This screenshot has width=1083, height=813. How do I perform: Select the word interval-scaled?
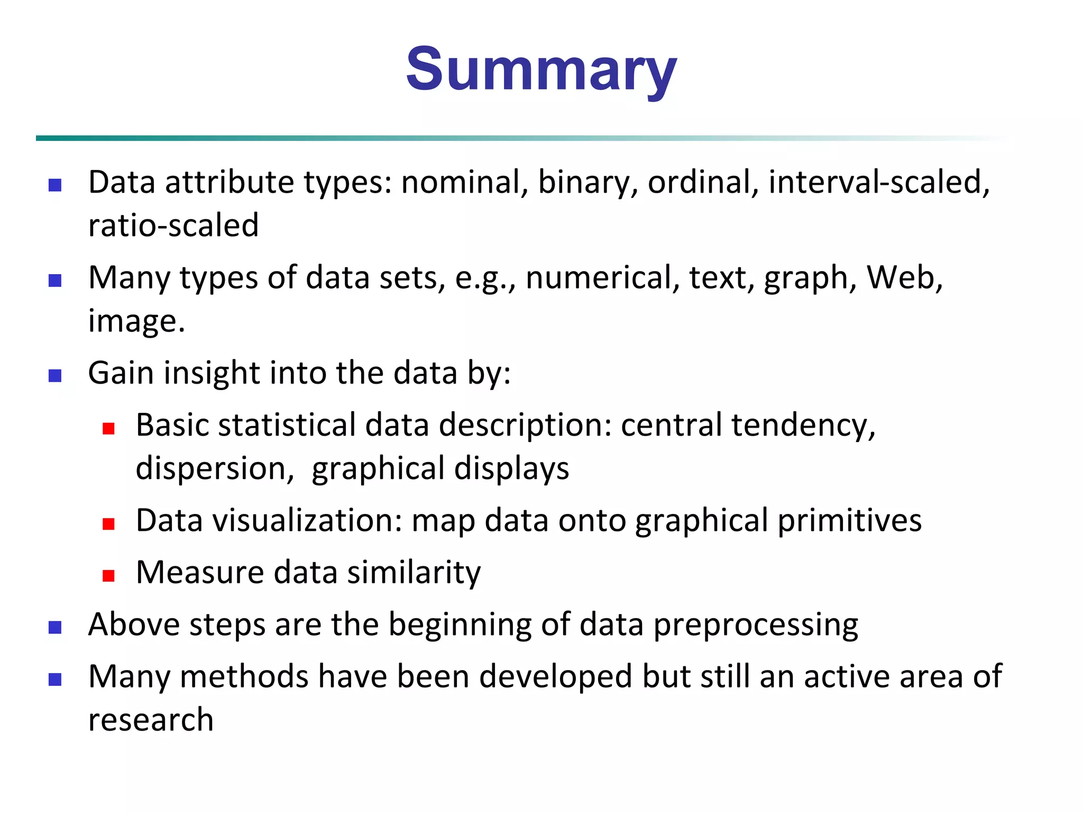pyautogui.click(x=878, y=183)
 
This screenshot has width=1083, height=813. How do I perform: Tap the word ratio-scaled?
pyautogui.click(x=173, y=225)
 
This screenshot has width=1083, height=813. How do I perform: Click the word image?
pyautogui.click(x=135, y=321)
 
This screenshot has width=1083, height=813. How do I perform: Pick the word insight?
pyautogui.click(x=212, y=373)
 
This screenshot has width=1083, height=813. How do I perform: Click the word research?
pyautogui.click(x=151, y=720)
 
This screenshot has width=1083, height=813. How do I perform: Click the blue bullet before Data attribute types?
pyautogui.click(x=55, y=185)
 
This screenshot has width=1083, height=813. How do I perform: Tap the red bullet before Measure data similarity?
pyautogui.click(x=109, y=576)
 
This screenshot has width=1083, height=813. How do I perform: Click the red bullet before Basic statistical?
pyautogui.click(x=109, y=428)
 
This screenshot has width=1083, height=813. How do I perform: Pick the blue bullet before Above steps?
pyautogui.click(x=55, y=628)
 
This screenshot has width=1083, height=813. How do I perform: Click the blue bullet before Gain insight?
pyautogui.click(x=55, y=376)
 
